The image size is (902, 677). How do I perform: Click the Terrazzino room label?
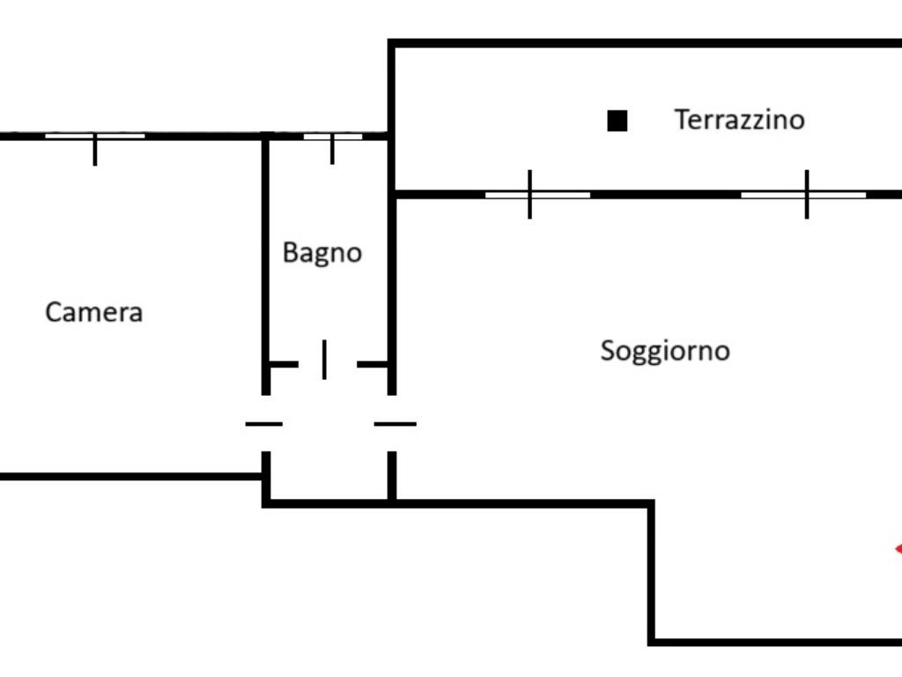pyautogui.click(x=739, y=119)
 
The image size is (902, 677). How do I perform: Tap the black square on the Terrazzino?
pyautogui.click(x=617, y=121)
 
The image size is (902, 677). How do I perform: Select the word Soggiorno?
pyautogui.click(x=665, y=351)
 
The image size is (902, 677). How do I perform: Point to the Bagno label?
pyautogui.click(x=322, y=253)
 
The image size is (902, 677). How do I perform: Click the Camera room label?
pyautogui.click(x=93, y=312)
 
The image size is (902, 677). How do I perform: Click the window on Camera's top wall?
pyautogui.click(x=95, y=137)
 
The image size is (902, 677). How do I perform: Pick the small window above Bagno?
pyautogui.click(x=332, y=137)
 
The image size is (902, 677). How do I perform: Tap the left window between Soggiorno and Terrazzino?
pyautogui.click(x=537, y=194)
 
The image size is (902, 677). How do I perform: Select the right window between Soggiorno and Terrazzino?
pyautogui.click(x=804, y=194)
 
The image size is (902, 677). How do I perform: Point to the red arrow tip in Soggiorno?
pyautogui.click(x=897, y=549)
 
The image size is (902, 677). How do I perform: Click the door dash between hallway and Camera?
pyautogui.click(x=263, y=424)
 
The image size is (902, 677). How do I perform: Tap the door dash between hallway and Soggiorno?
pyautogui.click(x=395, y=424)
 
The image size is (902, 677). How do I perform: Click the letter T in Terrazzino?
pyautogui.click(x=682, y=119)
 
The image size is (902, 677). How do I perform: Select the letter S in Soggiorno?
pyautogui.click(x=608, y=350)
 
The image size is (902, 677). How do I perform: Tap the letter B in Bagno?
pyautogui.click(x=290, y=252)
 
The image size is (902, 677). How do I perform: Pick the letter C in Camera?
pyautogui.click(x=53, y=312)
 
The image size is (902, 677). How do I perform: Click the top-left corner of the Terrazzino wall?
pyautogui.click(x=392, y=43)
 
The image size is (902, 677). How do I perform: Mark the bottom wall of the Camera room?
pyautogui.click(x=132, y=477)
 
